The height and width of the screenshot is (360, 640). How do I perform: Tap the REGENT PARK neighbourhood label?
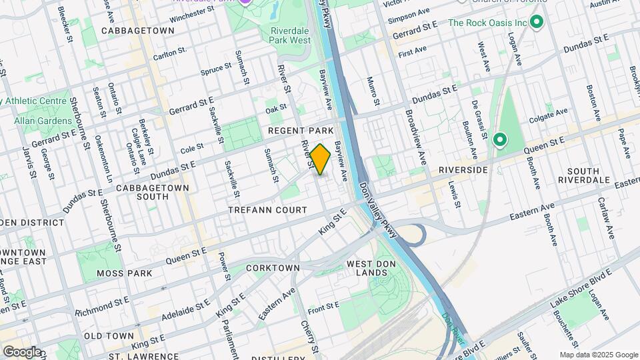pos(300,131)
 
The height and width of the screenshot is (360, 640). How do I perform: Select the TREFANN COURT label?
pos(267,210)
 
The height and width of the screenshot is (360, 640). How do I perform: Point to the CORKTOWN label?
pos(273,267)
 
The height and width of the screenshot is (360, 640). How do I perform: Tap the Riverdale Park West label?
pos(291,36)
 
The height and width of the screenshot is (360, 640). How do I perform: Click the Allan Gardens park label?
pos(44,121)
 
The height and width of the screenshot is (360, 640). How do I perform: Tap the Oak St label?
pos(275,108)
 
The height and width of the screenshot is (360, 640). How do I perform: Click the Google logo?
pos(21,352)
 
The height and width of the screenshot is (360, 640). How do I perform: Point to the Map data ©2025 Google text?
pos(598,355)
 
